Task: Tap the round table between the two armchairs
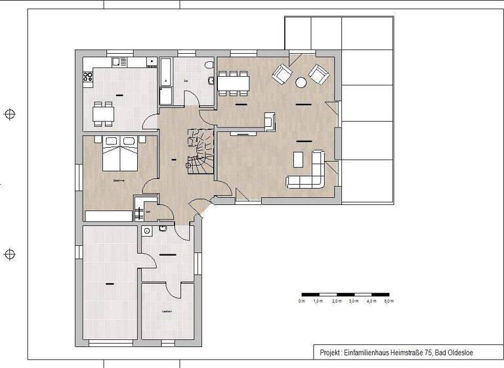301,83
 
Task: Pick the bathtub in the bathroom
165,83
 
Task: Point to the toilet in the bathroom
209,66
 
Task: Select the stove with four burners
87,77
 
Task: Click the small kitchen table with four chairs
103,114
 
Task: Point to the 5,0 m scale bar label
388,301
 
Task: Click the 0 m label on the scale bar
301,301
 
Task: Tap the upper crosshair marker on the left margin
10,114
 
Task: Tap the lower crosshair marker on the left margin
10,254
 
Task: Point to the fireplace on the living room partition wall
269,121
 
